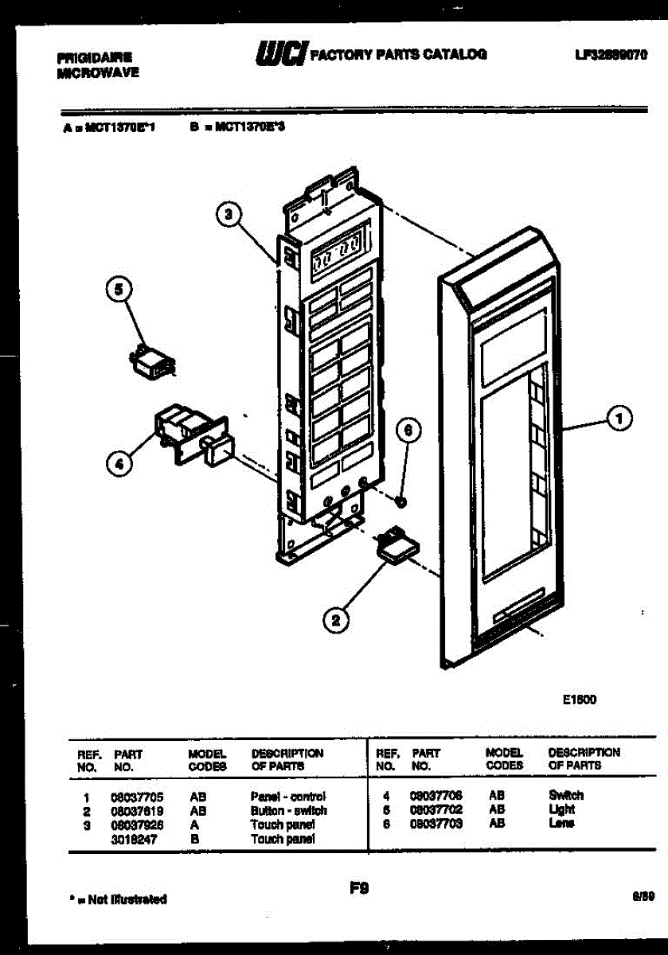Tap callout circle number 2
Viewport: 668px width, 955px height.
click(335, 619)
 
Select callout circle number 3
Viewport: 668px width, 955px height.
click(229, 213)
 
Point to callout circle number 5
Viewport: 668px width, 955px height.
click(119, 291)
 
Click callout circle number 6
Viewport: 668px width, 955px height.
click(408, 431)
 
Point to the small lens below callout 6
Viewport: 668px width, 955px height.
click(402, 502)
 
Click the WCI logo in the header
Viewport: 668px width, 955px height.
click(279, 54)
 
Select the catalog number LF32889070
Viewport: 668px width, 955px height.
click(611, 55)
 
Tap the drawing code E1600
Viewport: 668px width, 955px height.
click(579, 700)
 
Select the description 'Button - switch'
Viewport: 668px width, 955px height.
click(288, 811)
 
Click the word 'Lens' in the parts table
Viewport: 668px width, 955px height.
click(561, 824)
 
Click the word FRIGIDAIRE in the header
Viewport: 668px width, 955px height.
click(95, 57)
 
